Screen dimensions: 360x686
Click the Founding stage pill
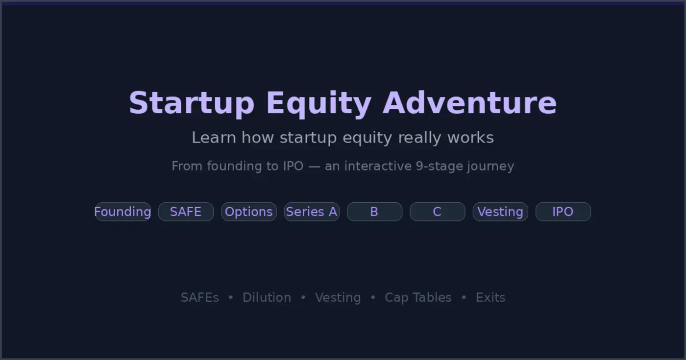click(122, 212)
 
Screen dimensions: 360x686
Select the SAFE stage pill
click(186, 212)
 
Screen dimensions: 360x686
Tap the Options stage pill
click(249, 212)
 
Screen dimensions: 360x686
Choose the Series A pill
click(312, 212)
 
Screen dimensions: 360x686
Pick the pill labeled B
click(374, 212)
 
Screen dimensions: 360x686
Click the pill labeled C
click(437, 212)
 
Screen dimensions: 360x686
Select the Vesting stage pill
click(500, 212)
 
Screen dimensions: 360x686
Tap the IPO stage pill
click(563, 212)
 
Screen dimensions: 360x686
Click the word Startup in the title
click(192, 103)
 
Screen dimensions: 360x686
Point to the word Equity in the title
click(318, 103)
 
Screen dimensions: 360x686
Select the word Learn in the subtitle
click(214, 138)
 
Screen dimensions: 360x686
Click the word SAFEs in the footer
click(200, 297)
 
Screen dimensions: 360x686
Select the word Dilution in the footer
click(267, 297)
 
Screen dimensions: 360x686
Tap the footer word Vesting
click(338, 298)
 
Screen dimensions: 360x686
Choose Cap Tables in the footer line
click(418, 297)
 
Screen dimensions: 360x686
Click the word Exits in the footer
click(490, 297)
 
